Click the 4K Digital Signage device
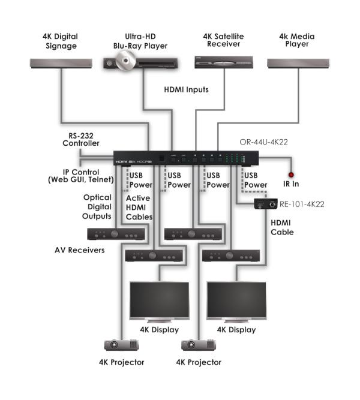tap(61, 62)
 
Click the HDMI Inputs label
tap(187, 90)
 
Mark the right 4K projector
tap(197, 346)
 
